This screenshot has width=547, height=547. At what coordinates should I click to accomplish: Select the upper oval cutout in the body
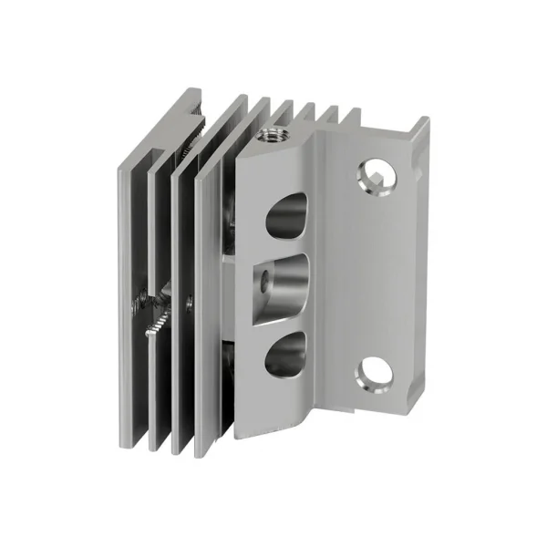point(284,216)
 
